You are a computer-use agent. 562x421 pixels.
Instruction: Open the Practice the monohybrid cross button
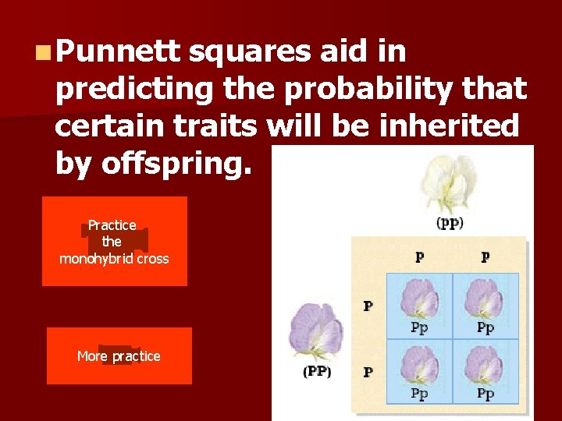(114, 242)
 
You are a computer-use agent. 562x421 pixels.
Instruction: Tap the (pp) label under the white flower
(449, 223)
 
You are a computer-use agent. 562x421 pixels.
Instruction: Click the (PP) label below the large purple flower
(317, 372)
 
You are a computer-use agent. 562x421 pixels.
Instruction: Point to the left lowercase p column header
(420, 257)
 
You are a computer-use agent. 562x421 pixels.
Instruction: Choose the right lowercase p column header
(486, 257)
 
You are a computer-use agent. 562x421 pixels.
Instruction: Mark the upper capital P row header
(368, 306)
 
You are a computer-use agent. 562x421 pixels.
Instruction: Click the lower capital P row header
(368, 372)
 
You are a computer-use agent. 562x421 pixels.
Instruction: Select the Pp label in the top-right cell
(486, 328)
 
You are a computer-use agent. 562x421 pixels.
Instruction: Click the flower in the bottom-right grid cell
(486, 365)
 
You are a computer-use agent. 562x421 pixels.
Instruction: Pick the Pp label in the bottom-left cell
(420, 394)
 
